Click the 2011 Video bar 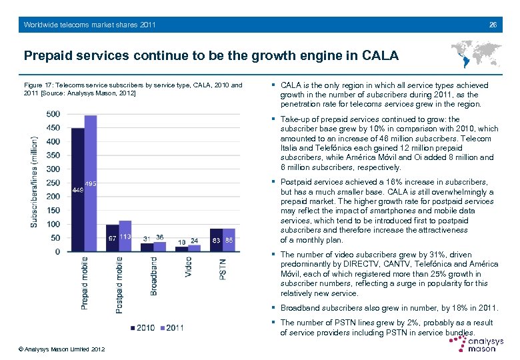194,248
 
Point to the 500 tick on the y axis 53,114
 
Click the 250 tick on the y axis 53,183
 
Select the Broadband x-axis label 154,277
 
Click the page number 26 493,25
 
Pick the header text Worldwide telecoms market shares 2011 89,25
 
